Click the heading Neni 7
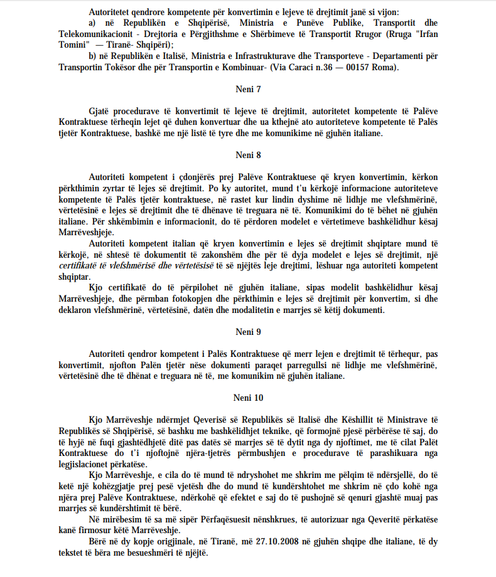click(249, 90)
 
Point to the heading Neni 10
click(249, 398)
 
